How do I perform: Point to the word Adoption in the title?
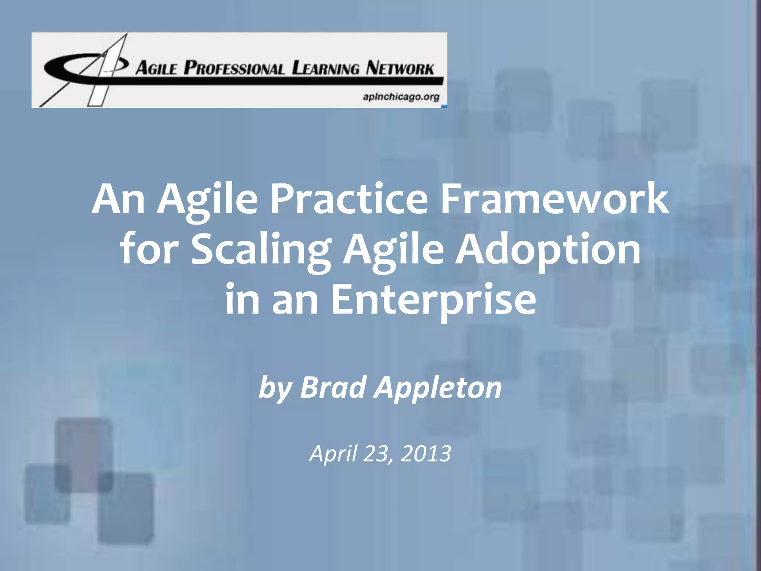tap(548, 250)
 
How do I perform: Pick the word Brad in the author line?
tap(333, 387)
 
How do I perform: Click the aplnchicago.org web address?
tap(401, 97)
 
